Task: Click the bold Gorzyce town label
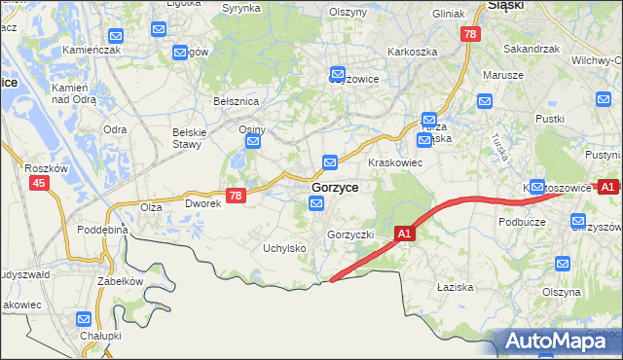click(334, 187)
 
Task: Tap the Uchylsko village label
click(285, 248)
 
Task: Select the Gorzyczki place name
click(350, 234)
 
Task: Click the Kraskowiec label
click(393, 162)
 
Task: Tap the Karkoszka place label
click(412, 52)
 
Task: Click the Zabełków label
click(120, 280)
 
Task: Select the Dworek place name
click(204, 205)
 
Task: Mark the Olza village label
click(150, 207)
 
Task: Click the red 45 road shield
click(39, 182)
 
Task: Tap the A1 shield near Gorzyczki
click(406, 234)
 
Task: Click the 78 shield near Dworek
click(235, 196)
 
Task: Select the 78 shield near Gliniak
click(471, 34)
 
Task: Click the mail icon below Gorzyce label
click(316, 202)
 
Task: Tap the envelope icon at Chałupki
click(84, 318)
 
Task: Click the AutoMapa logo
click(551, 341)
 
